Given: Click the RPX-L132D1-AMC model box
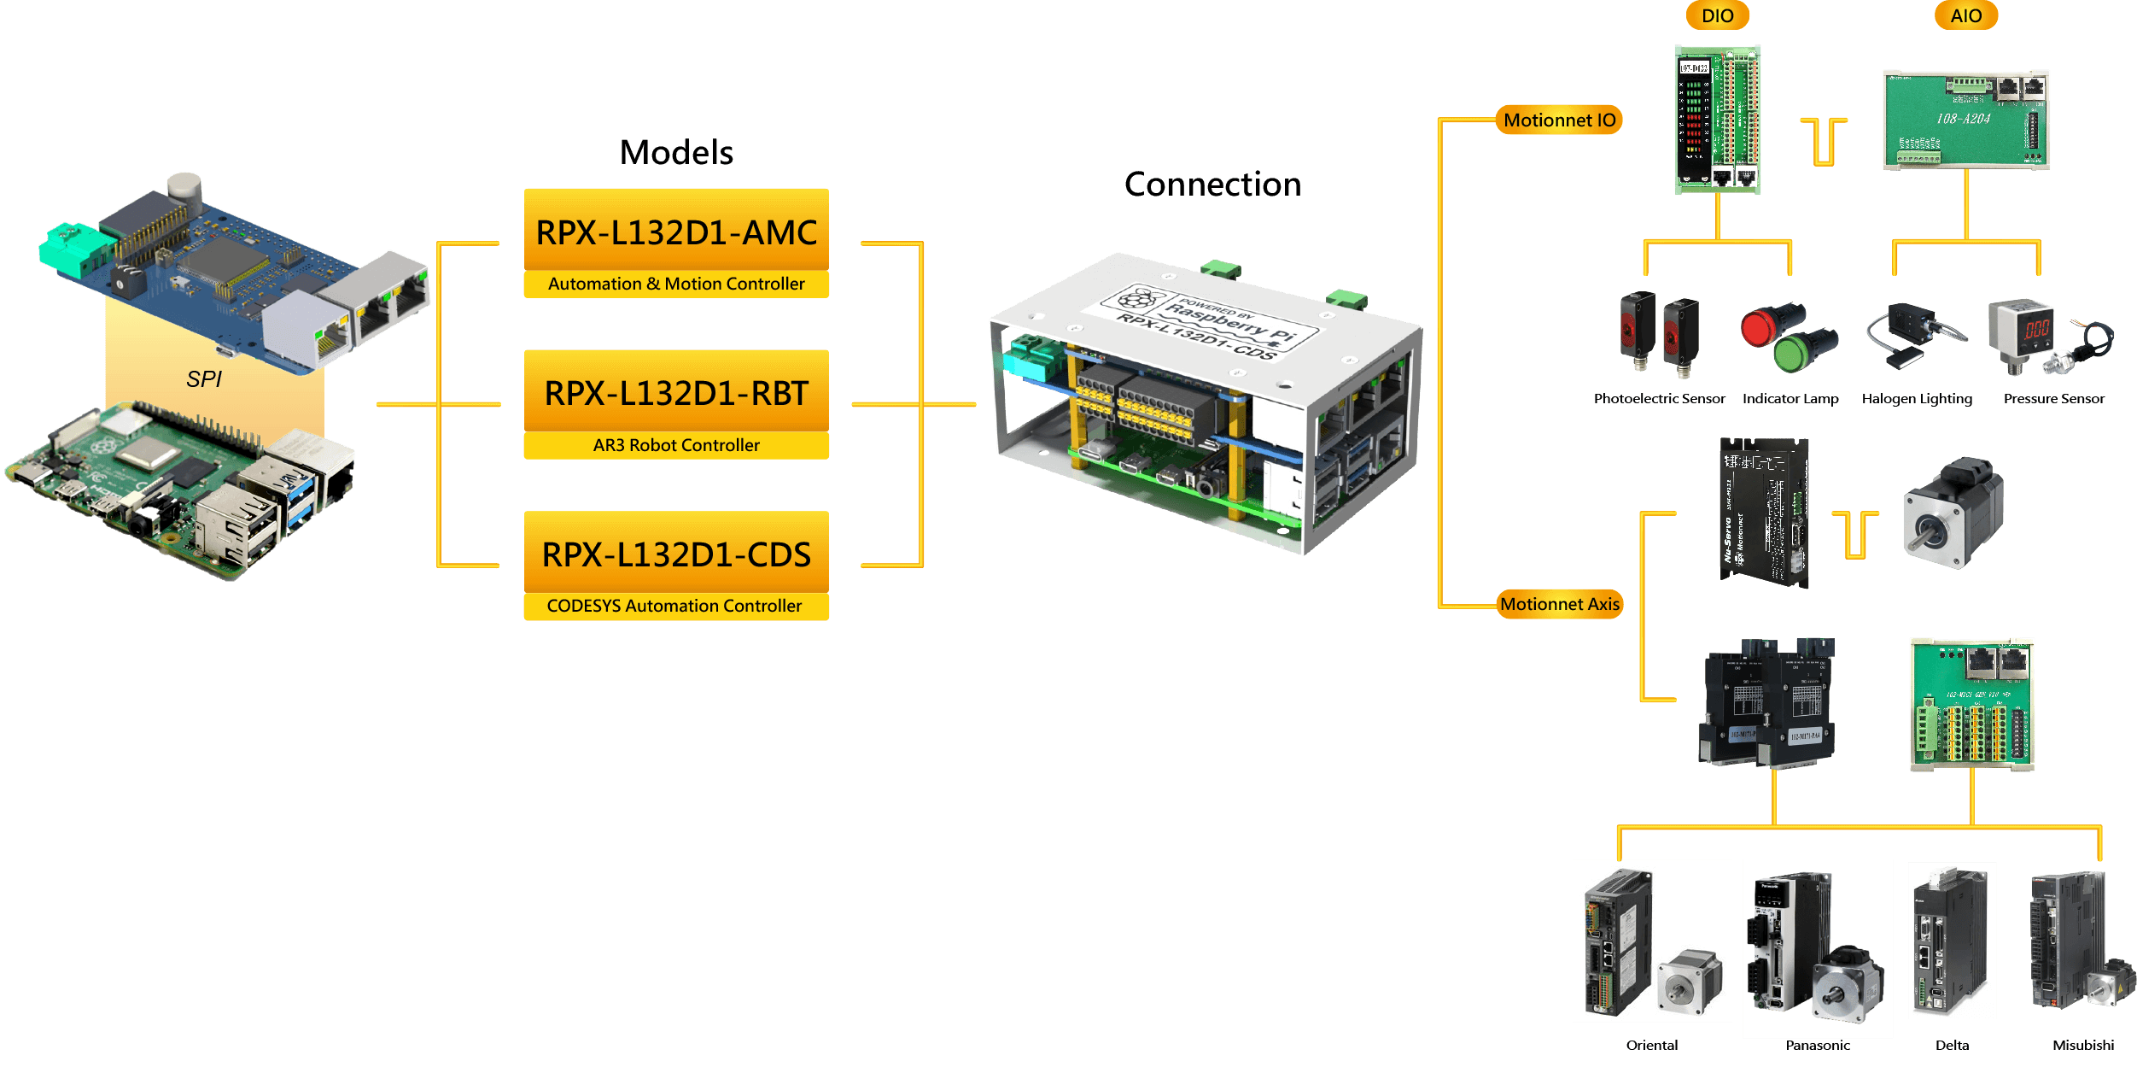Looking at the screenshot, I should [x=676, y=232].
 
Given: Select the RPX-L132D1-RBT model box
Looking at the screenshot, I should [x=676, y=393].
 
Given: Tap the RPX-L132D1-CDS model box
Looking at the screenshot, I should [x=676, y=554].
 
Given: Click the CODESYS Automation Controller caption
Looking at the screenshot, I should [x=674, y=606].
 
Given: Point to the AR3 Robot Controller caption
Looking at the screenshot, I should [x=676, y=445].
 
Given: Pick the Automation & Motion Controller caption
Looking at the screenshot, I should [x=676, y=284].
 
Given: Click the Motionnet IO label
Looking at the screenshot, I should [x=1559, y=120].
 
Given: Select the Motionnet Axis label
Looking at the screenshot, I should [x=1559, y=604].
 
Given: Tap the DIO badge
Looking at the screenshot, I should [x=1717, y=15].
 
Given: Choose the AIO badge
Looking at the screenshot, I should [x=1965, y=15].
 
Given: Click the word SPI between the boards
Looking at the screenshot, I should [x=204, y=379].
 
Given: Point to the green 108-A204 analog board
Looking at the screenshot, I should [x=1965, y=120].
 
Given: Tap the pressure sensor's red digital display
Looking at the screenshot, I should [x=2037, y=328].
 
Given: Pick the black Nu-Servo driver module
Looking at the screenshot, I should [x=1763, y=513].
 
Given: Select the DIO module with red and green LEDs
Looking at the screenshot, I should [x=1717, y=120].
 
